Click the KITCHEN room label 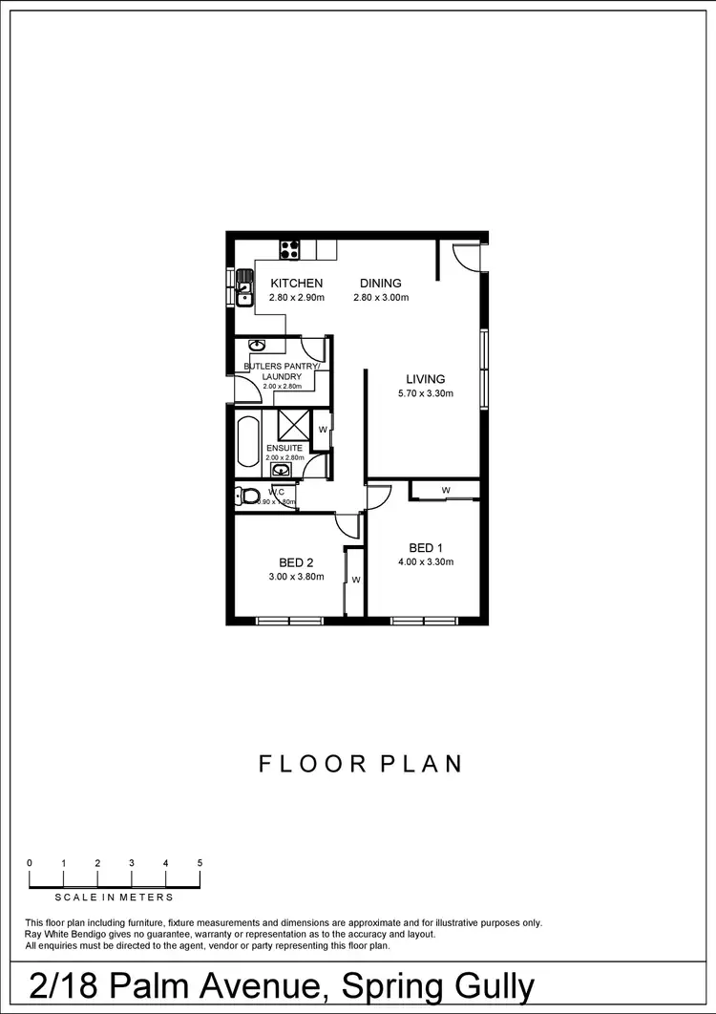(297, 283)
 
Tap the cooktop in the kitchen (290, 250)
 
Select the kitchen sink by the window (245, 286)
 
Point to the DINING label (380, 283)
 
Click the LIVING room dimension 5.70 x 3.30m (426, 393)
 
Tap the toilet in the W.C (249, 496)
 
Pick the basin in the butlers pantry (257, 346)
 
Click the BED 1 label (426, 547)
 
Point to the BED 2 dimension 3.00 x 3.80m (296, 577)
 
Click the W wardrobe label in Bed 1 (446, 491)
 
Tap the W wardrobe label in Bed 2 (355, 580)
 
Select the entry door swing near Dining (466, 258)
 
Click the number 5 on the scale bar (200, 863)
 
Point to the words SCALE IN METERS (115, 898)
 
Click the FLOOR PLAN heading (361, 764)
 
